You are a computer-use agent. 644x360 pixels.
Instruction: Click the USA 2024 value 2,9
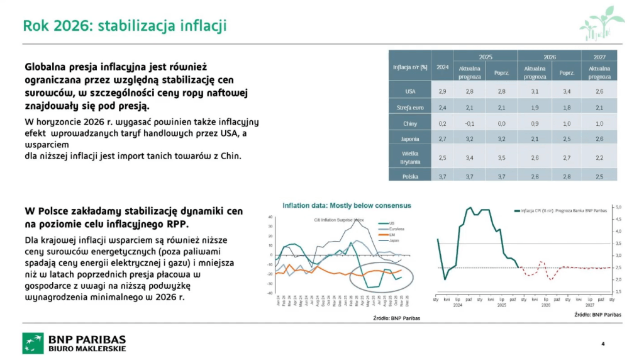point(442,91)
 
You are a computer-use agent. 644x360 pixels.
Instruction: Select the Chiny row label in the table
point(410,124)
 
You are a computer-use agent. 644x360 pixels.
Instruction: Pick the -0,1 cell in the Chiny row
point(469,124)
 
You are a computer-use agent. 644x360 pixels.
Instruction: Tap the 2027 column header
point(599,57)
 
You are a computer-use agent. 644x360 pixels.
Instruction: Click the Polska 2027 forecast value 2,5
point(599,177)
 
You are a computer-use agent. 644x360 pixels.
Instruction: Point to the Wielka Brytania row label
point(410,157)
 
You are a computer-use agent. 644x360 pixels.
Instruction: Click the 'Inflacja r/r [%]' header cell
point(410,67)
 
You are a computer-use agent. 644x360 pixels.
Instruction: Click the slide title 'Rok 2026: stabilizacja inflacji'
point(125,26)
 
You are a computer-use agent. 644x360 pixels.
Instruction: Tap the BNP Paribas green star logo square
point(33,343)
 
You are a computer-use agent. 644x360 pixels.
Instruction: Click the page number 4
point(602,344)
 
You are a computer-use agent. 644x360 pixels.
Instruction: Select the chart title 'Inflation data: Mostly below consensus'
point(347,205)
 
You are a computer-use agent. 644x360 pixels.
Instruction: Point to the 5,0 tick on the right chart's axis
point(618,207)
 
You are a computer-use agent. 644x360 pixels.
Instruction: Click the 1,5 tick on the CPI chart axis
point(618,292)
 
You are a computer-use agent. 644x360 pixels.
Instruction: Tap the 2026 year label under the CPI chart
point(545,305)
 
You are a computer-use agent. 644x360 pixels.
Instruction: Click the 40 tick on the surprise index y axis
point(270,217)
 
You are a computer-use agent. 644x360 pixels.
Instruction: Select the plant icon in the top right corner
point(601,23)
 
